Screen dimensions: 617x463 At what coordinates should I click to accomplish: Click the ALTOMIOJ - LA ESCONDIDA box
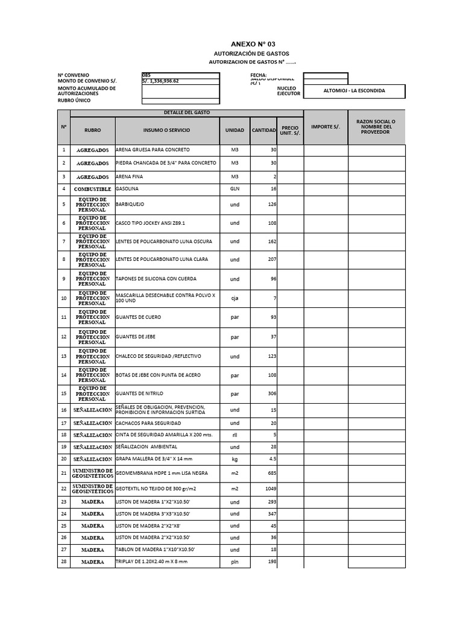[x=354, y=91]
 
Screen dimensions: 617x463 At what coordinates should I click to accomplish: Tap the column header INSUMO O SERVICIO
[x=167, y=130]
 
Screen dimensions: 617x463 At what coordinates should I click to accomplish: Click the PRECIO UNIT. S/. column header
[x=290, y=131]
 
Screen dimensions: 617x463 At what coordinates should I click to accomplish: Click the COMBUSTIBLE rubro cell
[x=92, y=189]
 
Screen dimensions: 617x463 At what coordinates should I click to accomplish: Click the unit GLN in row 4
[x=235, y=189]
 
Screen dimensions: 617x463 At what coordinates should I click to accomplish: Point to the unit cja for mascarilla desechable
[x=235, y=297]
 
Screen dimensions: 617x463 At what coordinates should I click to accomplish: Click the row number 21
[x=63, y=473]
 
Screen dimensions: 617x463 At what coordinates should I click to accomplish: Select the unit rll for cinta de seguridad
[x=235, y=434]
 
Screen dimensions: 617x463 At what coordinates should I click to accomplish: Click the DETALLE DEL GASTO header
[x=186, y=113]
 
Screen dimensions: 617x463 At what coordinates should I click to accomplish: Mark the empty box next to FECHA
[x=325, y=76]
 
